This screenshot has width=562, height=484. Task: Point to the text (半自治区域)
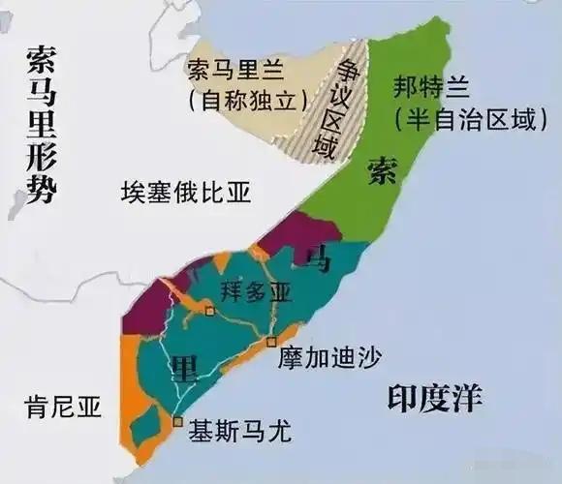point(465,119)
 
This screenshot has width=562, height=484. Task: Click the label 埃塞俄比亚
point(185,192)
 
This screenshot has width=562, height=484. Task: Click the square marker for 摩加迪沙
point(272,342)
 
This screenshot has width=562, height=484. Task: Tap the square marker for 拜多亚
point(209,311)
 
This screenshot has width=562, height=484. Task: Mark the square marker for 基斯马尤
point(177,422)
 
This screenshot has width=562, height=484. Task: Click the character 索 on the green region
point(382,171)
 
